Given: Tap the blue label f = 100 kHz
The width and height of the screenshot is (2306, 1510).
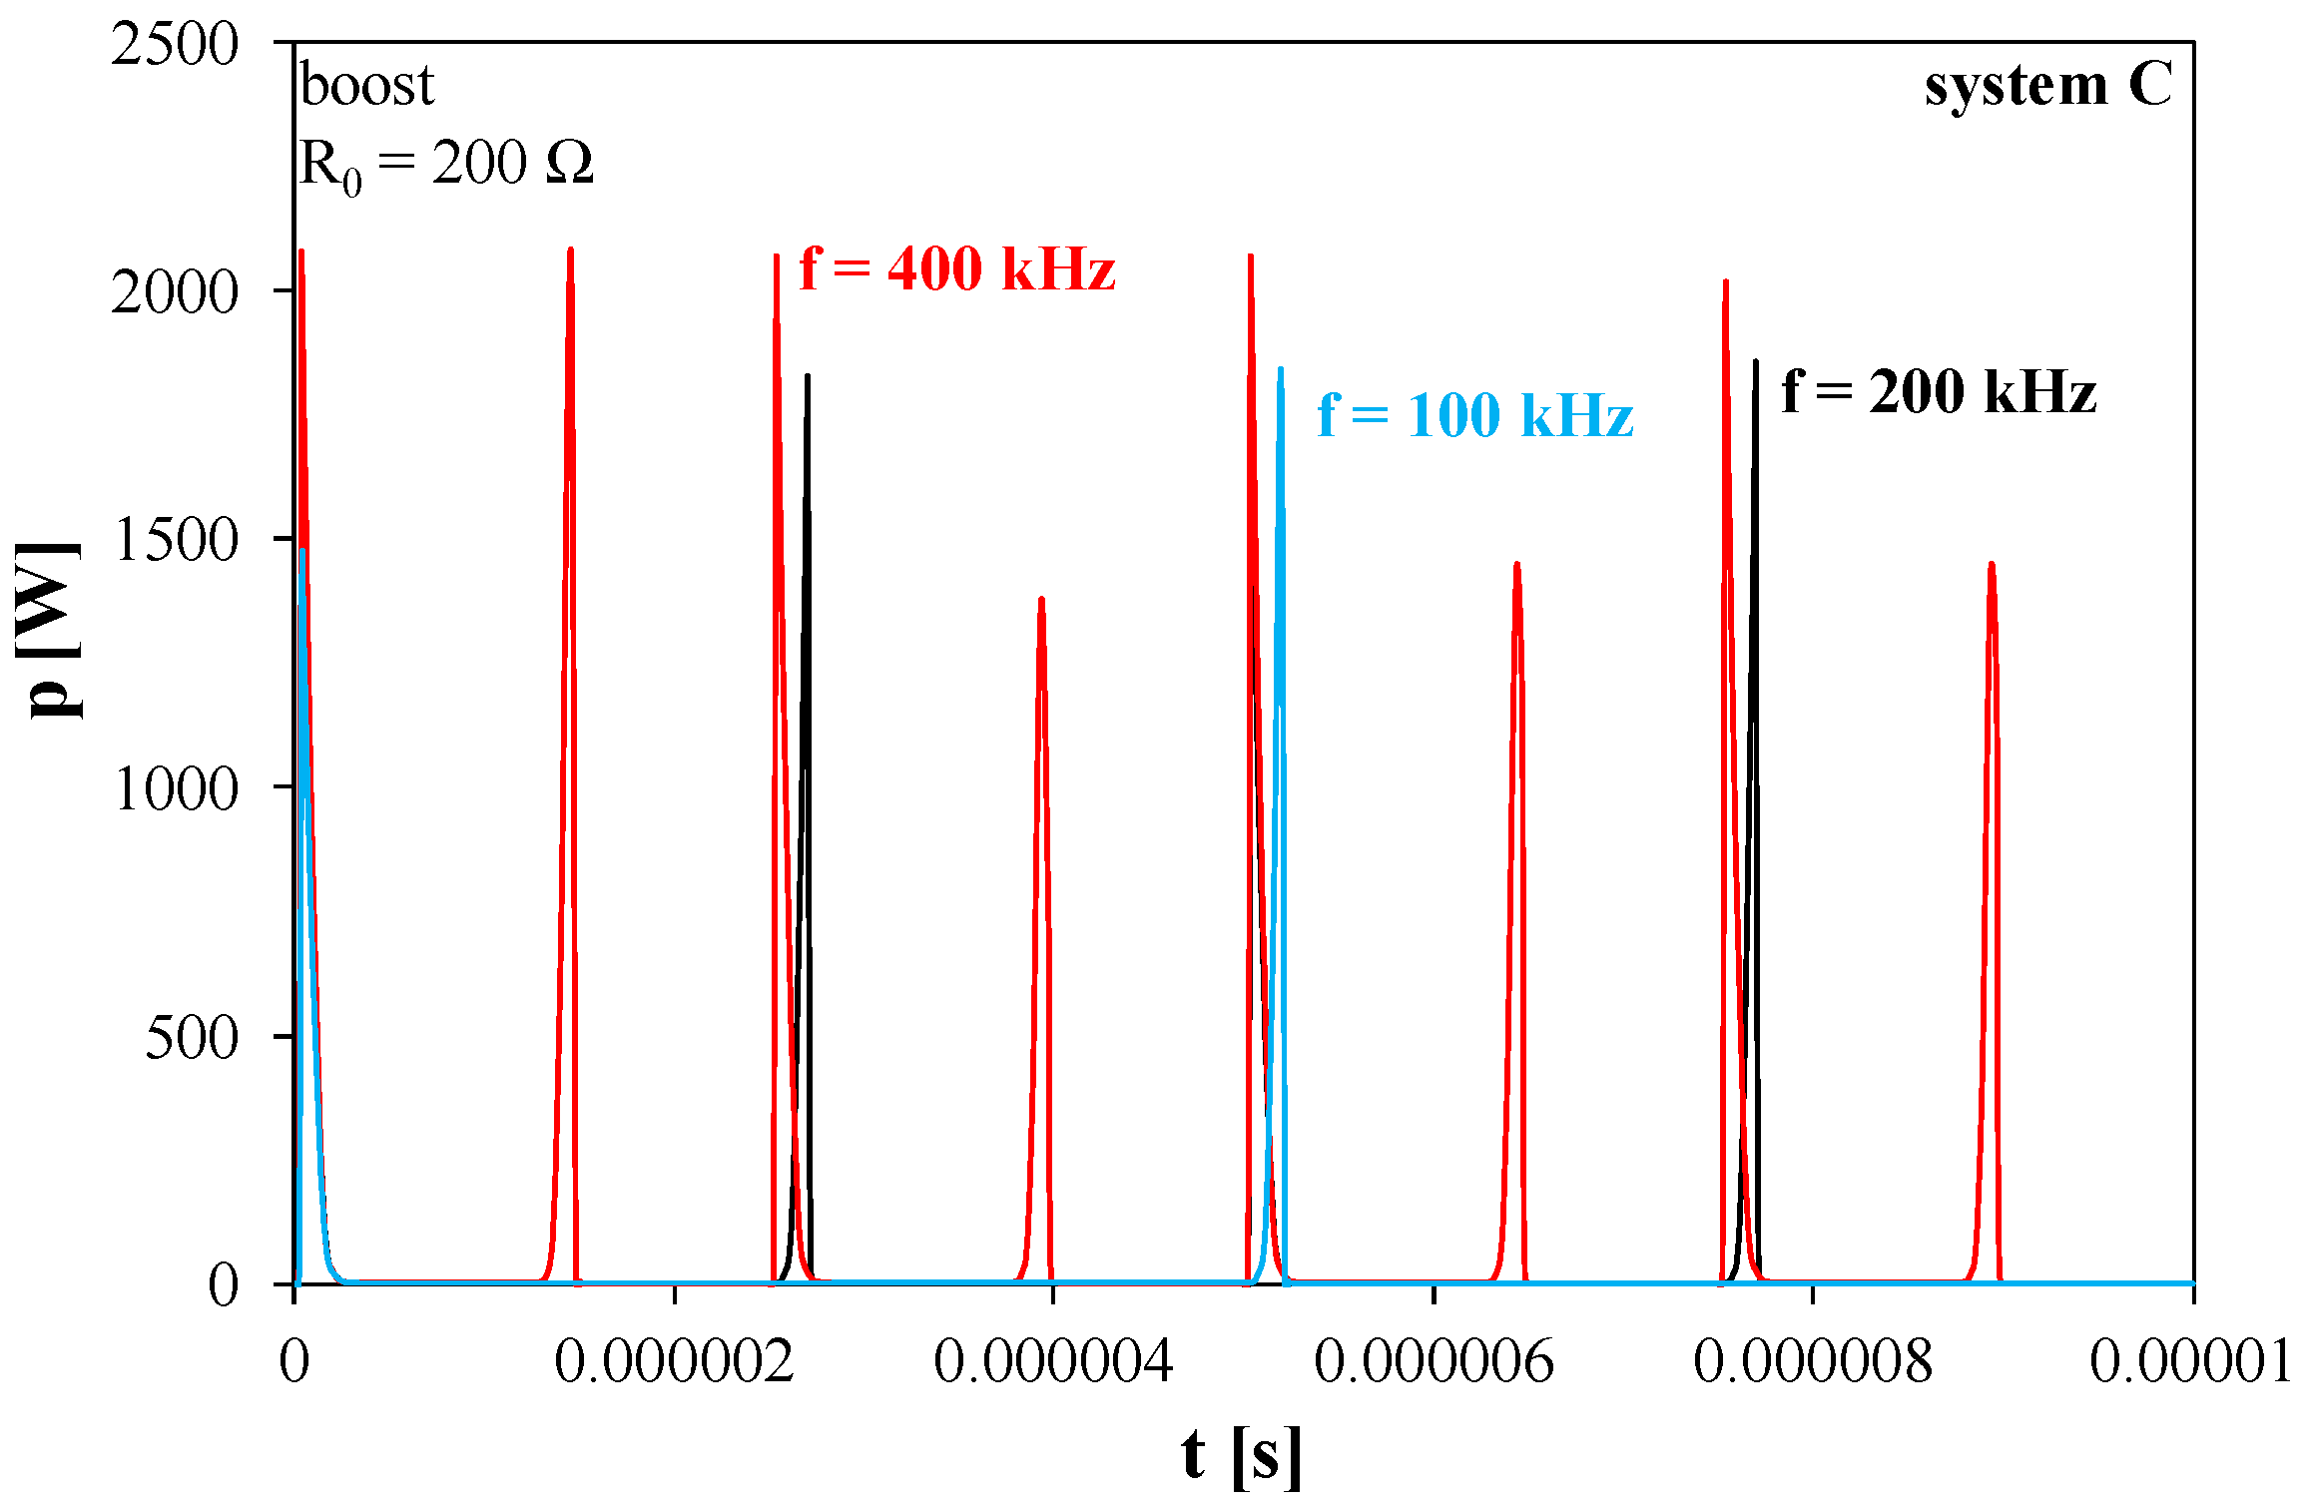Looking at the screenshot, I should (1474, 415).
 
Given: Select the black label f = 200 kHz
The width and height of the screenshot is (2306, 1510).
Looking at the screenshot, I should (1938, 391).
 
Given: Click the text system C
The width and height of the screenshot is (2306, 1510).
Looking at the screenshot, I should (2047, 85).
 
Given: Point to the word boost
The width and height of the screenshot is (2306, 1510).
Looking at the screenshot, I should (366, 85).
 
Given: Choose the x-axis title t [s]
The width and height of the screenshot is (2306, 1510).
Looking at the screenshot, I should (1241, 1455).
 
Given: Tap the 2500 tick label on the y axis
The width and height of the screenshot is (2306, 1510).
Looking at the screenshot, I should (175, 44).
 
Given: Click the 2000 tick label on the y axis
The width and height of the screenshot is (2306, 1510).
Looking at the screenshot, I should (175, 291).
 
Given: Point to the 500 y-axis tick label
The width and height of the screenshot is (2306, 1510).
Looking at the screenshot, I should (192, 1037).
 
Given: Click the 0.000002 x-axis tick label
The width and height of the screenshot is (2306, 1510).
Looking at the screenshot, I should (674, 1360).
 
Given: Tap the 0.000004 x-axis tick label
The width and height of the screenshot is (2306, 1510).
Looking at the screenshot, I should (1053, 1360).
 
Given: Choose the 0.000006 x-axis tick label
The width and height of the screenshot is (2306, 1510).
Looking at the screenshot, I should (1434, 1360).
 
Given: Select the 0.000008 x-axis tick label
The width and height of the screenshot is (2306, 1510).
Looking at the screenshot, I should (1813, 1360).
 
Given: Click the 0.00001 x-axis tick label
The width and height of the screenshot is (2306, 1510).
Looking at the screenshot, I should (2190, 1360).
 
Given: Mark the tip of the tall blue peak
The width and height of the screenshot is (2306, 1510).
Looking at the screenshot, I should (1280, 369).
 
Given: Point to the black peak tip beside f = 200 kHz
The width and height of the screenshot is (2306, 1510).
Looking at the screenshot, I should (1755, 361).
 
